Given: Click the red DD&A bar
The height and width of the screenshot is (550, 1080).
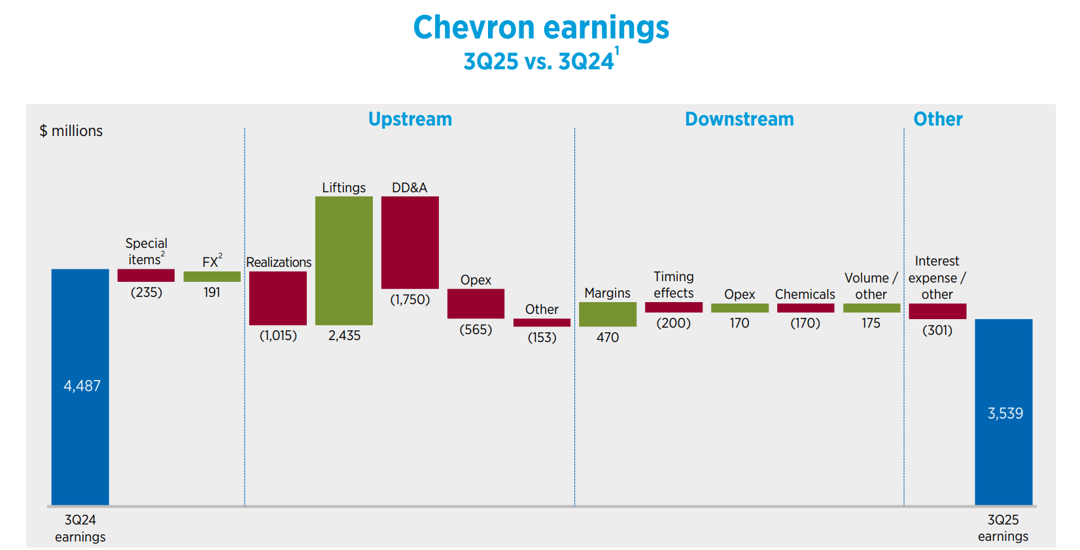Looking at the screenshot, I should coord(410,242).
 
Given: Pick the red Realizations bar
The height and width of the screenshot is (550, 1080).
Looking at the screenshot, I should coord(278,298).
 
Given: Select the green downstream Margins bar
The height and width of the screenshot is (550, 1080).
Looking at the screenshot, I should coord(608,314).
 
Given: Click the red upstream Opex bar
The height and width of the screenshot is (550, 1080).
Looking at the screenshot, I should coord(476,303).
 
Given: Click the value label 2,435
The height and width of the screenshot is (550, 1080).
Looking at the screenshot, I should coord(344,335).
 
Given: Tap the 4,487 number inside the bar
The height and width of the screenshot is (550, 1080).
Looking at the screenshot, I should coord(82,386).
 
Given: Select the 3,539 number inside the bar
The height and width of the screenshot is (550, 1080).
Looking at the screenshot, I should coord(1005,413).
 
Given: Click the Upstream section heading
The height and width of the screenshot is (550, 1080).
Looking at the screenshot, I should coord(410,119).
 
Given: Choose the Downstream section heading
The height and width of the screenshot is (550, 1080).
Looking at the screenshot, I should coord(739,119).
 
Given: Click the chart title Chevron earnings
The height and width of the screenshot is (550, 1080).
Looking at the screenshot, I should coord(541,28).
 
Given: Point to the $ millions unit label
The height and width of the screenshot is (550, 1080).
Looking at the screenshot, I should coord(71,131).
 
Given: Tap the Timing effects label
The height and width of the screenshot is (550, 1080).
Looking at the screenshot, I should coord(674,284).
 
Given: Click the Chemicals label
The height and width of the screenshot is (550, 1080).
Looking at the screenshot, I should coord(805,294).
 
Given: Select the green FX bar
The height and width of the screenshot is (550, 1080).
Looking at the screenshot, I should coord(212,277).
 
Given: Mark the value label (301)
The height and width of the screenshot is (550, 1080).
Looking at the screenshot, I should coord(937,330).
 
